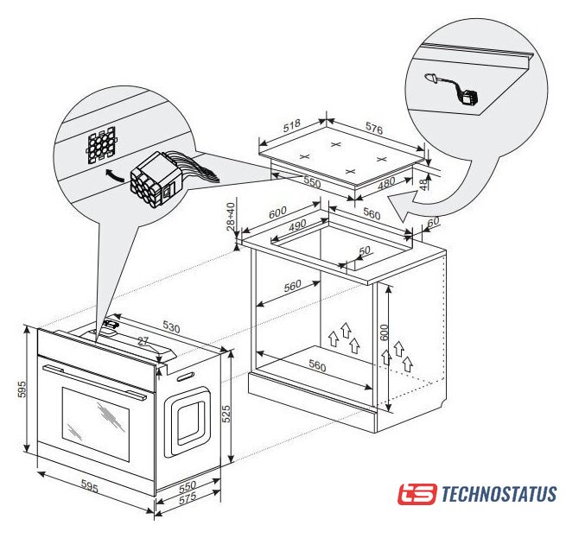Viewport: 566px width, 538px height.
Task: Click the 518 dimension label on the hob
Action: point(292,125)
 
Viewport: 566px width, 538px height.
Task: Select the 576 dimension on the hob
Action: point(374,129)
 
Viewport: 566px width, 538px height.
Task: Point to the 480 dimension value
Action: point(386,183)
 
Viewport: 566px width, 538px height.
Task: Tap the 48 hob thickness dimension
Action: point(423,183)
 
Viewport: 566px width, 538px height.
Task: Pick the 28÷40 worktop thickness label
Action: point(231,217)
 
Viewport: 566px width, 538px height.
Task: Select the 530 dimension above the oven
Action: point(171,326)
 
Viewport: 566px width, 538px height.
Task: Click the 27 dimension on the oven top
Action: point(143,341)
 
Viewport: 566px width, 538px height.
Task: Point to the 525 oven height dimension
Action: point(226,414)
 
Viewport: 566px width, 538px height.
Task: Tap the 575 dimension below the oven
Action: point(188,498)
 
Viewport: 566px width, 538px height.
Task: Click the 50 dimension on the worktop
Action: point(365,250)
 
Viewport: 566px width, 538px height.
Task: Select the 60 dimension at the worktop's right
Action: point(433,222)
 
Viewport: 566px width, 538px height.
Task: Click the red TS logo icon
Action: point(417,494)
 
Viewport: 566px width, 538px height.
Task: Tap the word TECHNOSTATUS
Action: point(499,494)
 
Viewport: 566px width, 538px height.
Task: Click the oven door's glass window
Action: point(96,424)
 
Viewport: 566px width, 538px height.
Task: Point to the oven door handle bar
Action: point(94,382)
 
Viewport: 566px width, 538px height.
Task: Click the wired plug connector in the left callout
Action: point(156,180)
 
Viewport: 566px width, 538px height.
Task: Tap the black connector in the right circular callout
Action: point(469,97)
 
